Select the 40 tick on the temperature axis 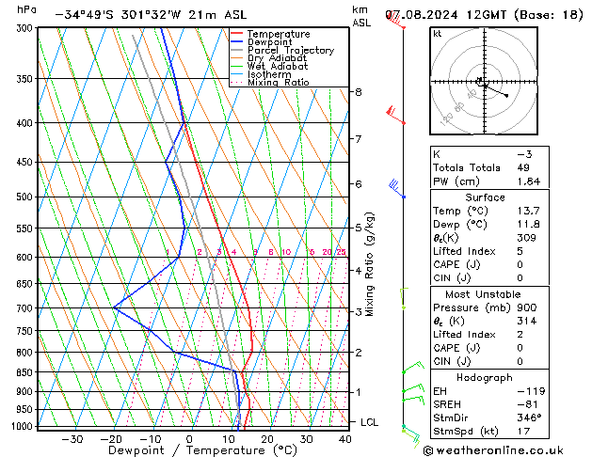[345, 438]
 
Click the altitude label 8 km [359, 92]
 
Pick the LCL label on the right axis [369, 422]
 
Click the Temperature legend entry [278, 35]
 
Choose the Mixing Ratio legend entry [278, 83]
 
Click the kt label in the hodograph [438, 33]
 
